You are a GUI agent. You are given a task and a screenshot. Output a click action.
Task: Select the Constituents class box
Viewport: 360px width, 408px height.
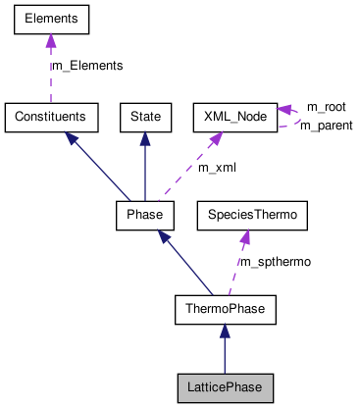click(x=51, y=117)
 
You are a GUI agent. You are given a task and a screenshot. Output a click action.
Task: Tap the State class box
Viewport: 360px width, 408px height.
click(x=145, y=117)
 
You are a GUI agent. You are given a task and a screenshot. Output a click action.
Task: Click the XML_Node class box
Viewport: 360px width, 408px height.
click(x=234, y=117)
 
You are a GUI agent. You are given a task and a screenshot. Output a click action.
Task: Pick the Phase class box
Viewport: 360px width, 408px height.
click(x=144, y=213)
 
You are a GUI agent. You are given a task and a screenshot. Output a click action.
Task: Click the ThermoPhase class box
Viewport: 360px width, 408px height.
click(x=225, y=311)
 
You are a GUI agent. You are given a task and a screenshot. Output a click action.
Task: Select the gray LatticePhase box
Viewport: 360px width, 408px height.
click(x=225, y=387)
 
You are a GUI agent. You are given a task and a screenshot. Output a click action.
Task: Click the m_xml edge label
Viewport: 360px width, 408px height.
click(x=217, y=168)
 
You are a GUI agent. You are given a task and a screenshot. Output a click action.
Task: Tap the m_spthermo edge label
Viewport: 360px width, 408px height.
click(x=276, y=262)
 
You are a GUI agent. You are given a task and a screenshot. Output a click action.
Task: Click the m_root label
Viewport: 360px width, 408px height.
click(x=326, y=106)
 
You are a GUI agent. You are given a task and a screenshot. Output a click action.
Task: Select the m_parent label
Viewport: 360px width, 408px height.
click(x=326, y=126)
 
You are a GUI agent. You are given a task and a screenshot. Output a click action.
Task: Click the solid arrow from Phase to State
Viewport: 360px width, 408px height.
click(x=145, y=165)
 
